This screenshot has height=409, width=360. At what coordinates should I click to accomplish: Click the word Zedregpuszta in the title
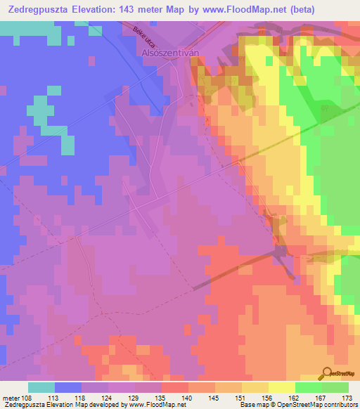(x=34, y=9)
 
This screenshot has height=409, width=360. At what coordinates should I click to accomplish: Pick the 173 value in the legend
(x=347, y=398)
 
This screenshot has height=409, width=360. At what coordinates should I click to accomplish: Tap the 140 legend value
(x=188, y=398)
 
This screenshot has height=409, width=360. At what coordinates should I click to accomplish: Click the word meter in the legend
(x=10, y=398)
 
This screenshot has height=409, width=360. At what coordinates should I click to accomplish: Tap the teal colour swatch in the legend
(x=41, y=387)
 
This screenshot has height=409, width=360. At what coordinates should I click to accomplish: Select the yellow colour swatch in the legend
(x=281, y=387)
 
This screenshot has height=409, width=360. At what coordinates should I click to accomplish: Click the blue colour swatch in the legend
(x=68, y=387)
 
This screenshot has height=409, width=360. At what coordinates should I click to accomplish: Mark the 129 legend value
(x=134, y=398)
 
